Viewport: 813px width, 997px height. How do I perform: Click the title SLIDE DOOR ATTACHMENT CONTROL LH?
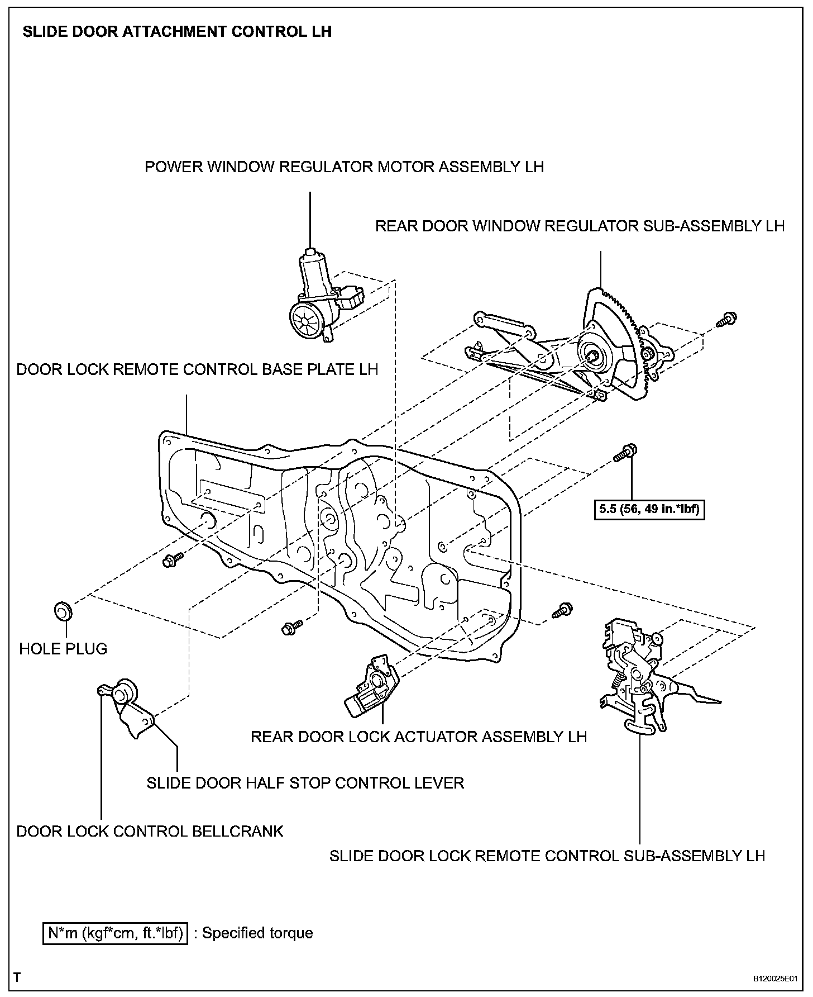177,32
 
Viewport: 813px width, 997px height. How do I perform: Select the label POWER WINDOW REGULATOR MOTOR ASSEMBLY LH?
344,167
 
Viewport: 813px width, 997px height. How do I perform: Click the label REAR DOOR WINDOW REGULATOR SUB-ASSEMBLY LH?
580,226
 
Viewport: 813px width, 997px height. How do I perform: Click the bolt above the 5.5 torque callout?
626,452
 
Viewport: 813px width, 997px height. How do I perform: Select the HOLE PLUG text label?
63,649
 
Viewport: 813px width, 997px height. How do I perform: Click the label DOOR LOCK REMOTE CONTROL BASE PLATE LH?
197,370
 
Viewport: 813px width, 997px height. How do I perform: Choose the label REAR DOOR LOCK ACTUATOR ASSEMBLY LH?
419,737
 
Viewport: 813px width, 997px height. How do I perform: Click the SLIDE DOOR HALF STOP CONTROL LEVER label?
305,783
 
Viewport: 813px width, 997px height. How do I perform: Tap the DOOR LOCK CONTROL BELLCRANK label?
150,832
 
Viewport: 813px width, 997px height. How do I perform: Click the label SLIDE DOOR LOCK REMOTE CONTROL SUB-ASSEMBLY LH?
547,856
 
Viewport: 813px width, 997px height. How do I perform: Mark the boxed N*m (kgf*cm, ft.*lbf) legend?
115,933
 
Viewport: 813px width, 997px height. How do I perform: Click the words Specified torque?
257,933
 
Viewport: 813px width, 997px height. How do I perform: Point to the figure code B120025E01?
777,979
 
